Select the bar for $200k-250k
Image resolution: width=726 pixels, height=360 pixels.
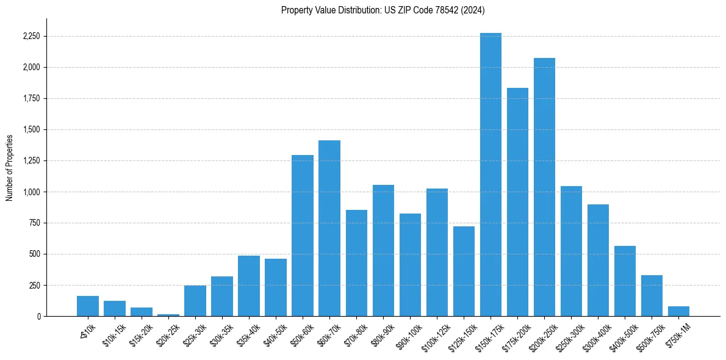coord(544,187)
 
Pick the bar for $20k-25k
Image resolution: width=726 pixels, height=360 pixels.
coord(168,315)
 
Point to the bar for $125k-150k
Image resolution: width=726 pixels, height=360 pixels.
coord(464,272)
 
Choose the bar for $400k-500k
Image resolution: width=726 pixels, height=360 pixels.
coord(625,281)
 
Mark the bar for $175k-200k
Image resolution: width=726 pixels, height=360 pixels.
coord(517,202)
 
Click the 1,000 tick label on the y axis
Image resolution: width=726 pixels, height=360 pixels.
coord(31,192)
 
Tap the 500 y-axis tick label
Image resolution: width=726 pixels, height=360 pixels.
coord(34,254)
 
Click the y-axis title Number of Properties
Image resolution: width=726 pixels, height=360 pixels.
coord(9,167)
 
